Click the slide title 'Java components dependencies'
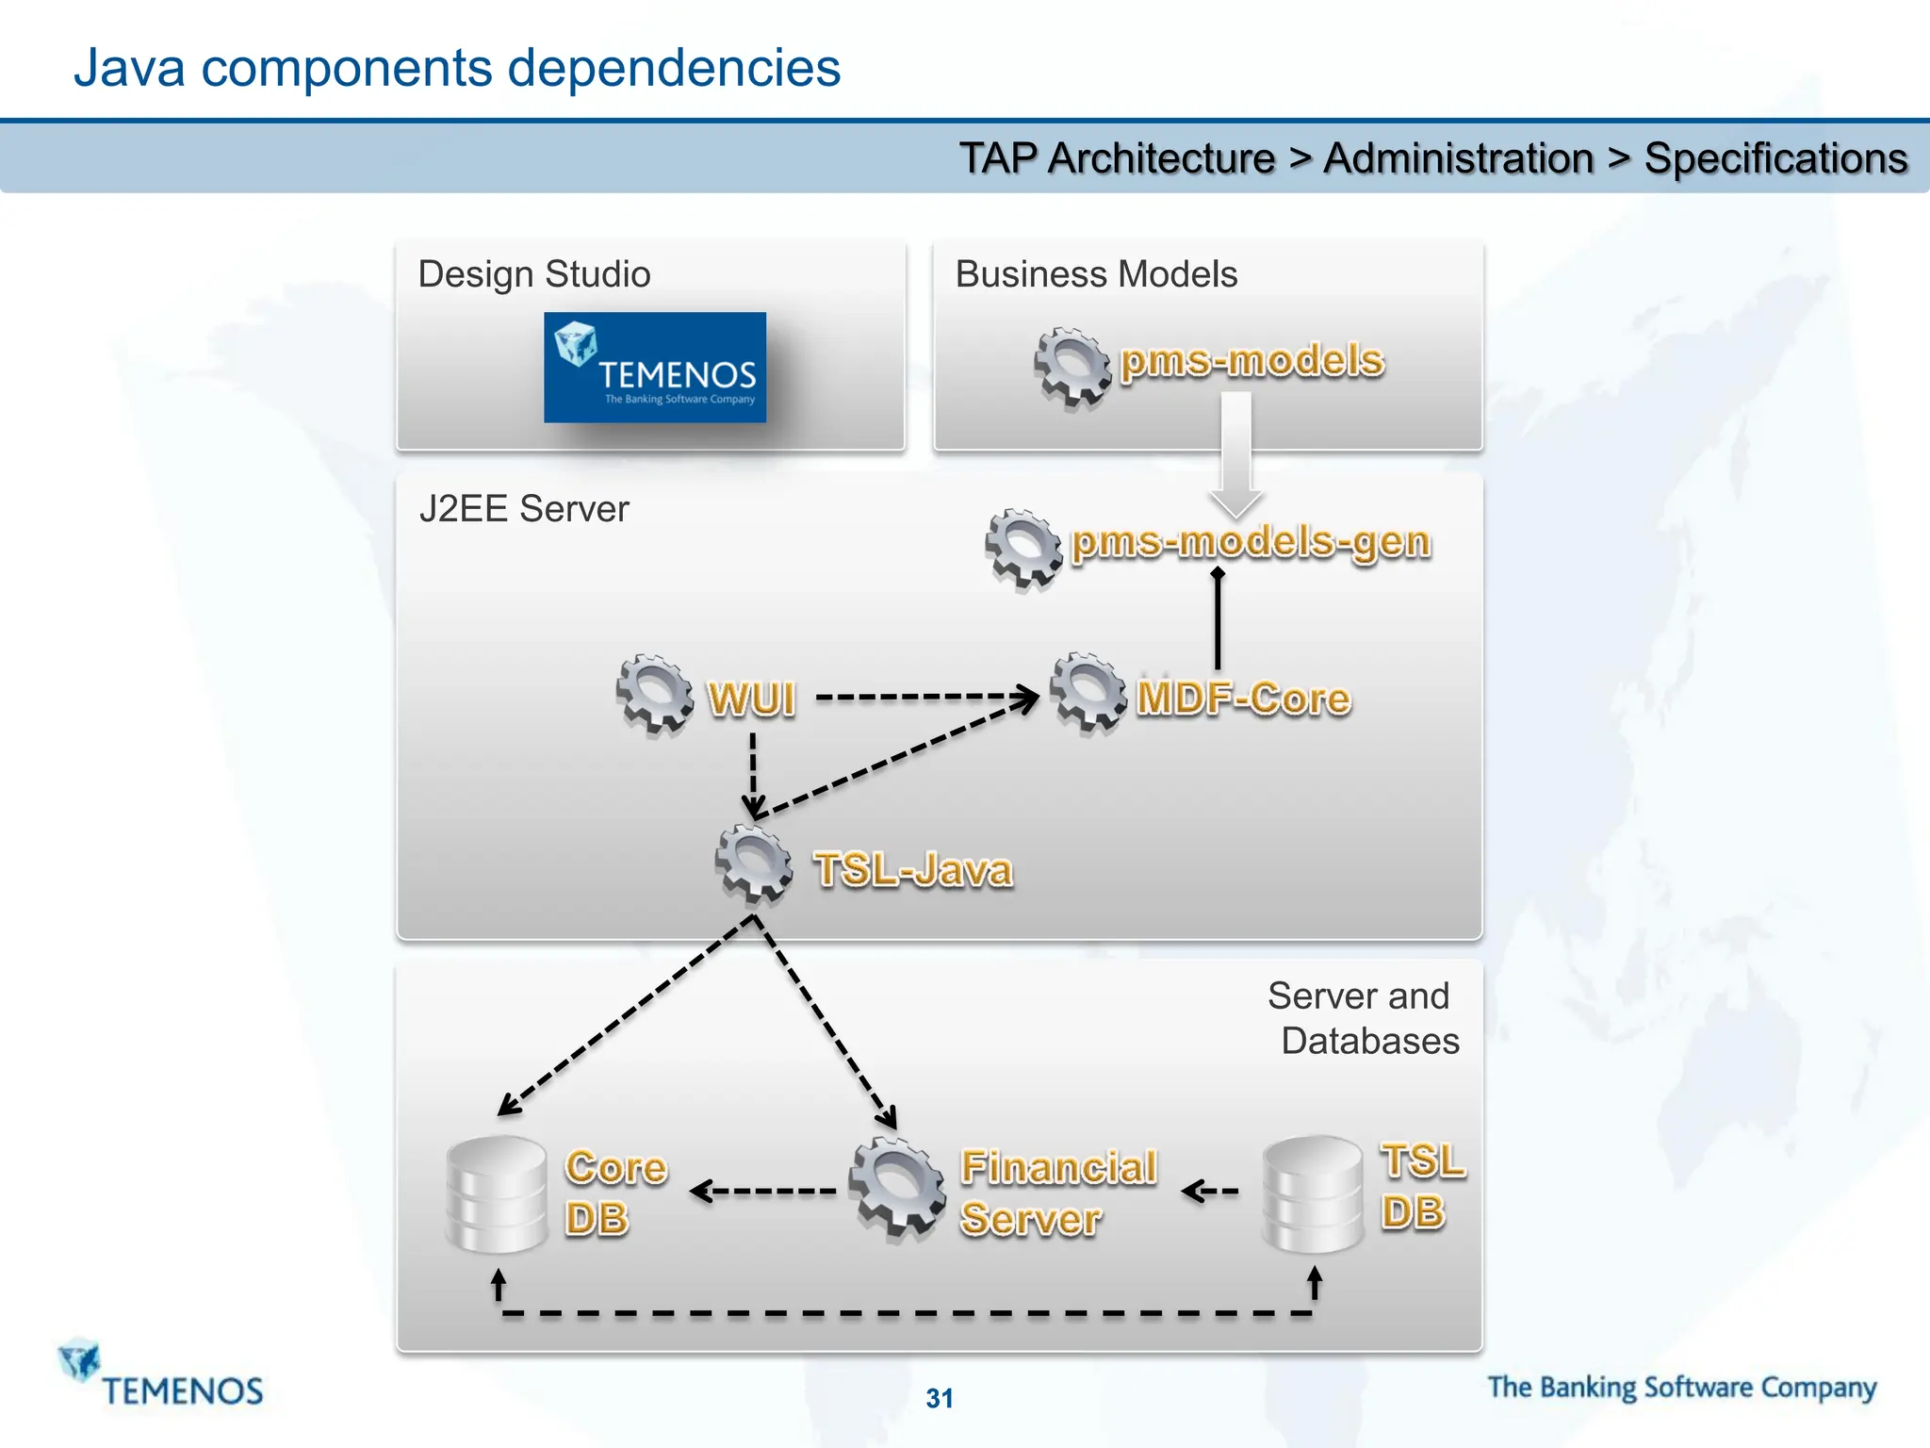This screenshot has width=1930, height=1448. pyautogui.click(x=456, y=68)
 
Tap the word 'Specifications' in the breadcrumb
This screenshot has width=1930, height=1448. pyautogui.click(x=1775, y=158)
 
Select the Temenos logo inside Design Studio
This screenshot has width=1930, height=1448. pyautogui.click(x=655, y=368)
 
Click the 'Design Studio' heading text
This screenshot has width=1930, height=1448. pyautogui.click(x=534, y=274)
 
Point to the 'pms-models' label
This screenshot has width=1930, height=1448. pyautogui.click(x=1251, y=361)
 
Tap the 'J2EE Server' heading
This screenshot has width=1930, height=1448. pyautogui.click(x=524, y=509)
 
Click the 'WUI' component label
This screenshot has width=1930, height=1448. pyautogui.click(x=752, y=699)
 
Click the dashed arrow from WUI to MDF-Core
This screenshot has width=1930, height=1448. pyautogui.click(x=924, y=698)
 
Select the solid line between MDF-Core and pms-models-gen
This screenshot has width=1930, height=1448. pyautogui.click(x=1218, y=622)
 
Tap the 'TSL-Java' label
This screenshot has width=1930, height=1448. pyautogui.click(x=913, y=869)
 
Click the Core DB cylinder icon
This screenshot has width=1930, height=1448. pyautogui.click(x=497, y=1193)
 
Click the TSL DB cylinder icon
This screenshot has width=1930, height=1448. pyautogui.click(x=1313, y=1193)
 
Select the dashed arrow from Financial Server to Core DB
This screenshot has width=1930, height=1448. pyautogui.click(x=763, y=1192)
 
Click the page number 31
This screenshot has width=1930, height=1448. pyautogui.click(x=940, y=1398)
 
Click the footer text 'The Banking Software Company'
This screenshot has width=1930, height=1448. pyautogui.click(x=1682, y=1388)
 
